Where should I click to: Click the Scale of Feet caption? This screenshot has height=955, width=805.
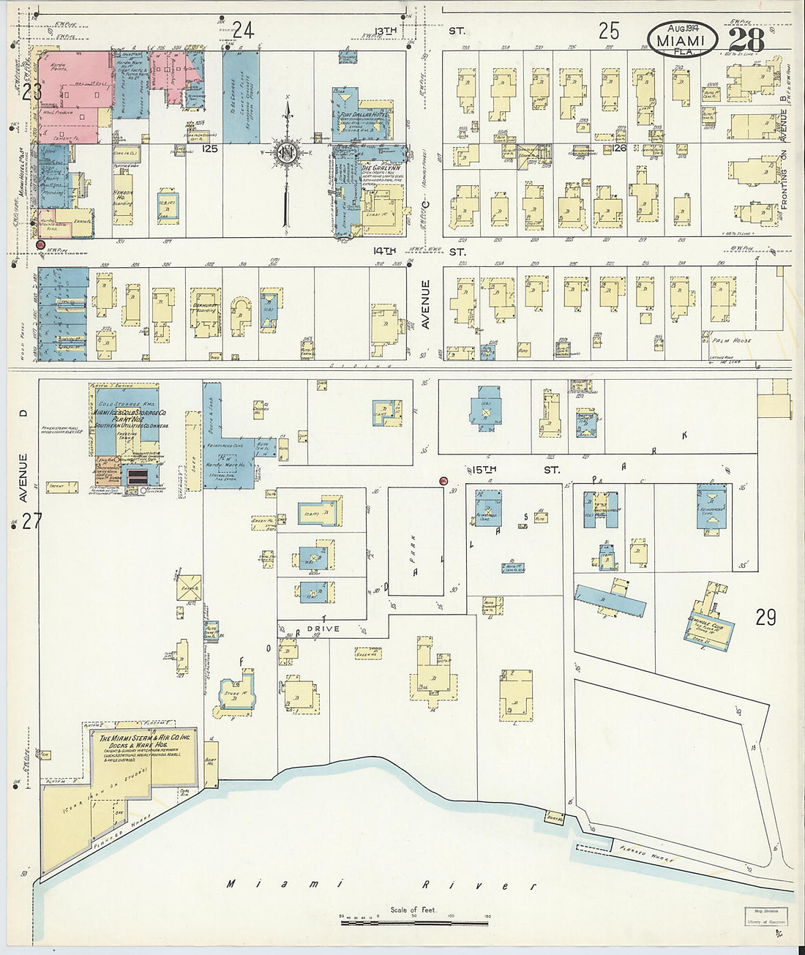413,910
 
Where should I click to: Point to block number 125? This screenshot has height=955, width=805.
210,149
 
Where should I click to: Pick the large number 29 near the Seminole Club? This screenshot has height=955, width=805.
765,617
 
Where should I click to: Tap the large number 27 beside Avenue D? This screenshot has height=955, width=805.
31,520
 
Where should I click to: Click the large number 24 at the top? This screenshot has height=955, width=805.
243,30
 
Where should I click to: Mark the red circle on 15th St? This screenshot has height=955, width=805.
443,481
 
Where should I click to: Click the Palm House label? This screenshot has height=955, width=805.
725,340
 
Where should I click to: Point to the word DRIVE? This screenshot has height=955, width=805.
323,629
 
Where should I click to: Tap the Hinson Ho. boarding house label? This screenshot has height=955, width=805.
123,194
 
